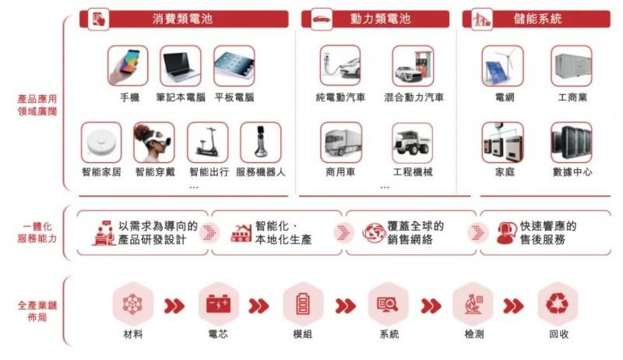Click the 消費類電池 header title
click(x=182, y=19)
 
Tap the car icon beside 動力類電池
click(x=322, y=19)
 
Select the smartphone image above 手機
click(x=128, y=65)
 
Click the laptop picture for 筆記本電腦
click(x=181, y=65)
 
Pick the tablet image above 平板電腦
click(x=234, y=65)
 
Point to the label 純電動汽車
click(x=340, y=97)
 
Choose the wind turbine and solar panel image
click(x=502, y=65)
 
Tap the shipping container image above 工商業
click(x=572, y=65)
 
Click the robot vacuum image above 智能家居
click(x=101, y=143)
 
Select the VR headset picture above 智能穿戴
click(x=154, y=143)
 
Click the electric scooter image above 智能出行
click(x=208, y=143)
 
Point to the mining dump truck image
click(x=413, y=143)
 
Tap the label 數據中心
click(x=572, y=172)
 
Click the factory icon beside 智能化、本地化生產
click(x=241, y=233)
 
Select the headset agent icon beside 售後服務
click(x=507, y=233)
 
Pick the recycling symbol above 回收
click(x=558, y=304)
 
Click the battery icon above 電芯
click(x=218, y=304)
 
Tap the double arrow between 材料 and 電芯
click(x=174, y=306)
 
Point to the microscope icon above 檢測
click(x=473, y=304)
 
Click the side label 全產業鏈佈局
click(x=37, y=311)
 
